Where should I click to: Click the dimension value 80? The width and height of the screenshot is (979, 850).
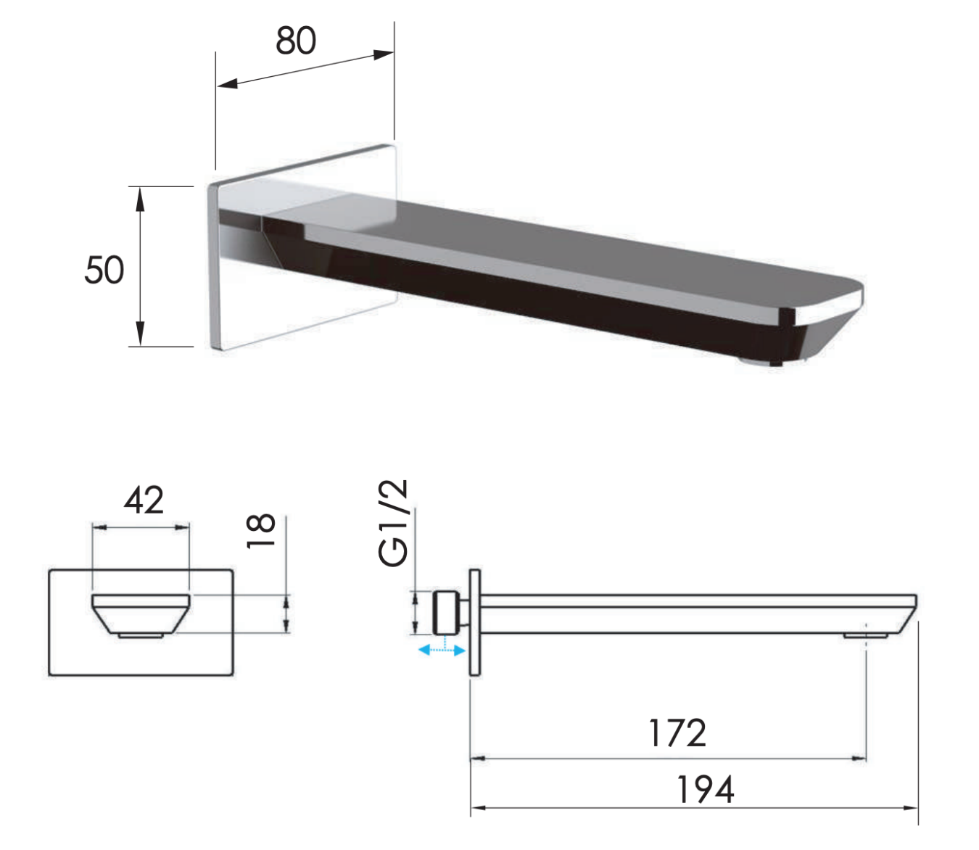point(296,41)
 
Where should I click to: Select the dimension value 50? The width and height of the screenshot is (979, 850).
point(104,270)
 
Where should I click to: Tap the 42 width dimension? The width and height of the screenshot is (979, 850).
point(144,500)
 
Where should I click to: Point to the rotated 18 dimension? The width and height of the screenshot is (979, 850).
point(261,531)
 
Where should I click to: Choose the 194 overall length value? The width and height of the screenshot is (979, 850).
point(706,790)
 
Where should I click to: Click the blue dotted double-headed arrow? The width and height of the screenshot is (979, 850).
point(442,649)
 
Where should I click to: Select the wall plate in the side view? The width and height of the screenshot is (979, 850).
point(474,622)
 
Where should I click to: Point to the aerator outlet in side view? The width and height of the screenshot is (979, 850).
point(866,635)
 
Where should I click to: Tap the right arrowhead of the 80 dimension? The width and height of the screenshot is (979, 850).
point(384,54)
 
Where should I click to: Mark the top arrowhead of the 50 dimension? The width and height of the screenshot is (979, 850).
point(139,198)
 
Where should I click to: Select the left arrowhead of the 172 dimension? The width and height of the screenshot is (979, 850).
point(479,759)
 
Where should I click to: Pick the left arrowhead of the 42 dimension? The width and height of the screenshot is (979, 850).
point(99,528)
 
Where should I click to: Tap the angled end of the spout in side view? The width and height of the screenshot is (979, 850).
point(908,614)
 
